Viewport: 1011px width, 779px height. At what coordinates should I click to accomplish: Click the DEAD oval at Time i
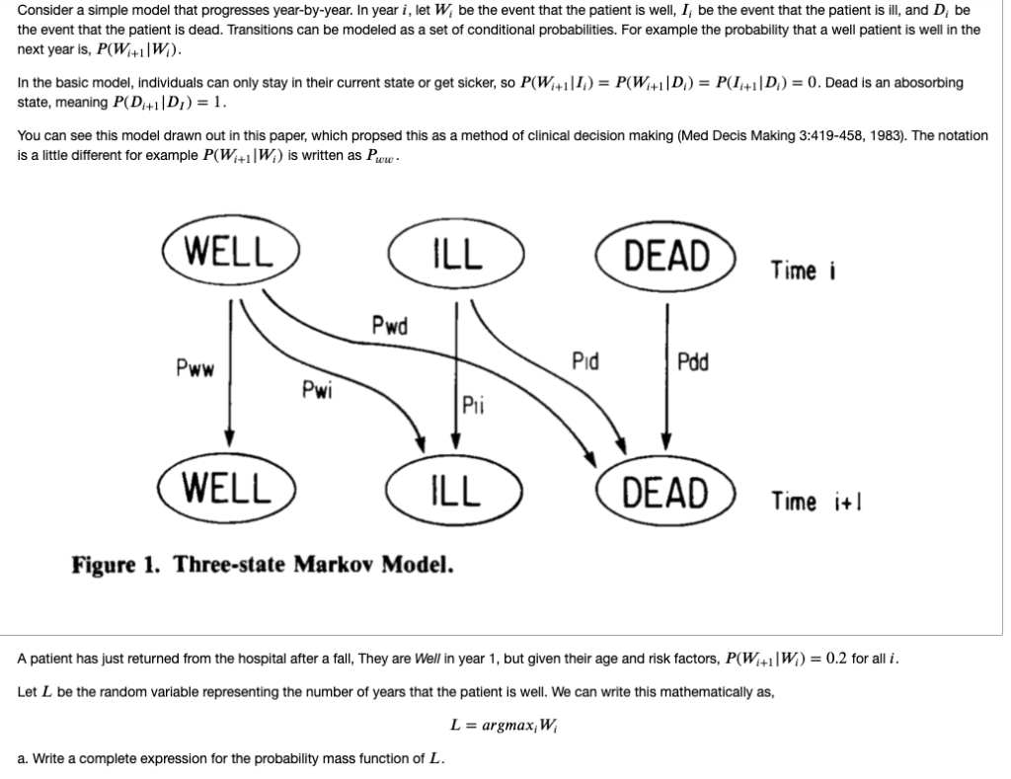point(666,256)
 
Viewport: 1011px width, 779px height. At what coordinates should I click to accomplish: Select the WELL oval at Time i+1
point(230,488)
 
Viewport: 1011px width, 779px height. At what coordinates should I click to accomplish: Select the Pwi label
point(316,388)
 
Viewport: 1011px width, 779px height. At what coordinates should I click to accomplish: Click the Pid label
point(586,361)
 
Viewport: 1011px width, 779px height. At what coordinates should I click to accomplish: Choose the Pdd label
point(693,361)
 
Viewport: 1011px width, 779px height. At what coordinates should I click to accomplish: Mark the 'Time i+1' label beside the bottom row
point(808,502)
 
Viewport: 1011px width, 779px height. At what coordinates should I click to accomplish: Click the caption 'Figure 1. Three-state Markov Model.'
point(263,566)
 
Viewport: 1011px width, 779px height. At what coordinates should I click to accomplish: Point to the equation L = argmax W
point(505,725)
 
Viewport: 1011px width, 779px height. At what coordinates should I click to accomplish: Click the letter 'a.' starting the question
point(24,759)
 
